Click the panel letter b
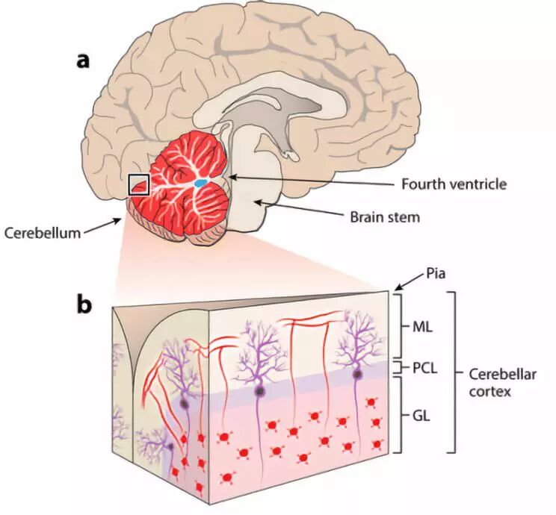click(x=84, y=305)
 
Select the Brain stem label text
click(x=386, y=218)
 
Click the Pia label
click(x=433, y=274)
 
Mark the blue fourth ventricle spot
click(x=201, y=182)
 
